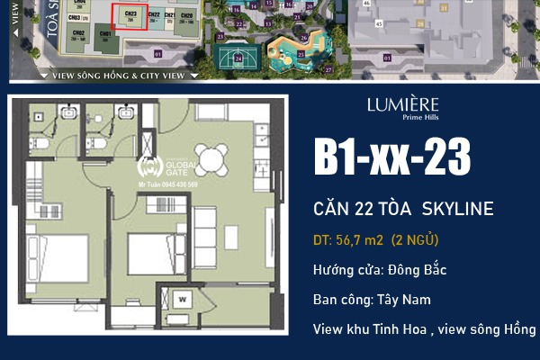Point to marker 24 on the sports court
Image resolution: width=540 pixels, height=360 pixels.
[x=238, y=58]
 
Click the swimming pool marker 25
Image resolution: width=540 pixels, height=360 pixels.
[x=300, y=54]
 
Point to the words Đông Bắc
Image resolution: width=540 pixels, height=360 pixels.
[x=419, y=270]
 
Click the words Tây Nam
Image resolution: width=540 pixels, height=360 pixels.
[x=404, y=300]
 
